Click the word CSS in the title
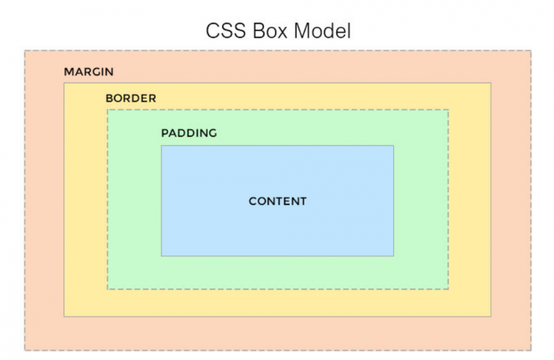pos(225,31)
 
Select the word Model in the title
pos(322,31)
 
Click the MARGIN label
pos(89,71)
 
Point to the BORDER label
pos(131,98)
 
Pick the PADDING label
pos(189,133)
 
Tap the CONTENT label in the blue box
pos(278,201)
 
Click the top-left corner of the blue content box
pos(162,146)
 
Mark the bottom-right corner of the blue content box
pos(394,256)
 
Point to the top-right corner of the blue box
pos(394,146)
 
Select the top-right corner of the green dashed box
pos(449,110)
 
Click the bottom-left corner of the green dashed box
pos(107,289)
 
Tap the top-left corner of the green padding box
pos(107,110)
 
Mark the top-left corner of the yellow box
pos(64,83)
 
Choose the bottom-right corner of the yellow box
pos(491,317)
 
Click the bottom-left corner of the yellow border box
pos(64,317)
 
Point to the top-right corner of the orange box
pos(531,51)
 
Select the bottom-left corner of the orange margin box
pos(25,351)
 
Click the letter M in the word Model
pos(302,31)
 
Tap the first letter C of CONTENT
pos(253,201)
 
